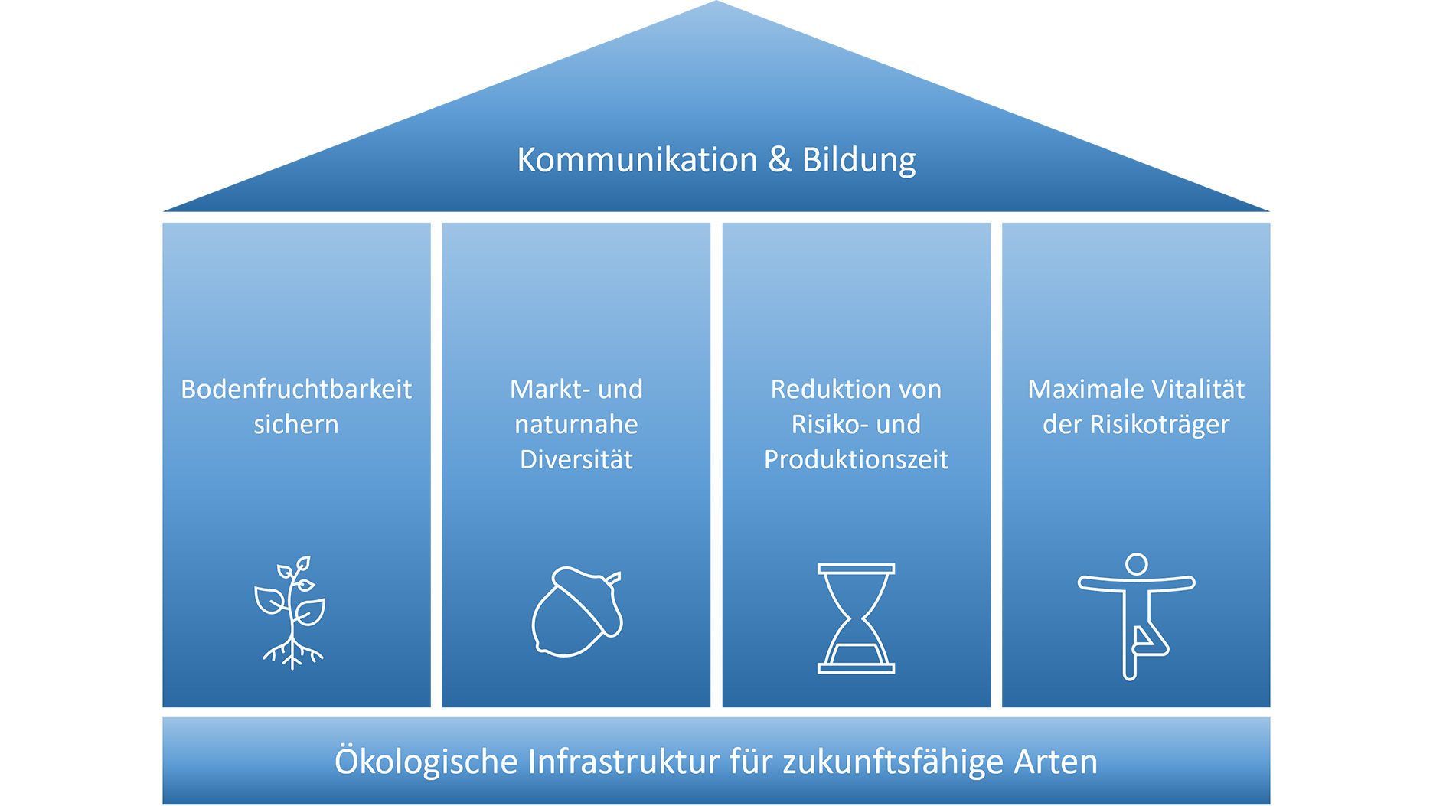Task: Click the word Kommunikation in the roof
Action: tap(637, 160)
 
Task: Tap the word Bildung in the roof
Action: tap(858, 160)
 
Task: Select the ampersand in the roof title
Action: tap(779, 160)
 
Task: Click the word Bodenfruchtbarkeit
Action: tap(296, 390)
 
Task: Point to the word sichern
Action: tap(296, 425)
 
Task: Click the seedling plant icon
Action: tap(291, 612)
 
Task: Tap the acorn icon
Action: tap(576, 612)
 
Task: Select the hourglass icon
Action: tap(856, 618)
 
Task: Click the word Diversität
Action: tap(576, 460)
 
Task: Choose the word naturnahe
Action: tap(576, 425)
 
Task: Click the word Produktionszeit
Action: tap(856, 460)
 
